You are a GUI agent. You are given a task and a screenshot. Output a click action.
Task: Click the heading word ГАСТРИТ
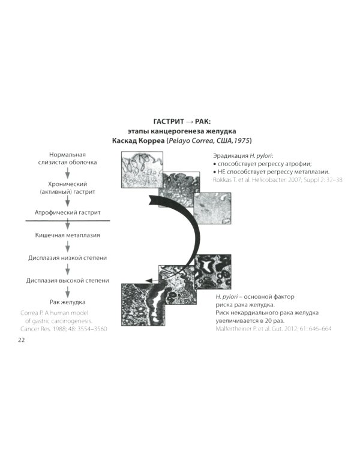click(169, 122)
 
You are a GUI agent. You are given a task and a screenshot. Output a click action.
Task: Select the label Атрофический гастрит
click(67, 212)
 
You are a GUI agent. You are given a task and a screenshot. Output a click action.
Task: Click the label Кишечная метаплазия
click(67, 235)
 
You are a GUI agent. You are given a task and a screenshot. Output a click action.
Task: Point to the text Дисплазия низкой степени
click(67, 258)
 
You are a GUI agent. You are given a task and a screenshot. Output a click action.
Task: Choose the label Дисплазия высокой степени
click(67, 280)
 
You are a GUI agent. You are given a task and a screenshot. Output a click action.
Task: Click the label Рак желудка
click(67, 302)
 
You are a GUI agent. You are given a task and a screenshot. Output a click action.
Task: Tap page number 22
click(21, 340)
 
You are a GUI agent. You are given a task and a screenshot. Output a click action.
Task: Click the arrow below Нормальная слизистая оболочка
click(67, 173)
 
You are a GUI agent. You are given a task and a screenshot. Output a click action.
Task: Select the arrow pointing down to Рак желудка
click(67, 292)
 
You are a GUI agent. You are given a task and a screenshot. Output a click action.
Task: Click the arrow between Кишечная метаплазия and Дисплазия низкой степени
click(67, 247)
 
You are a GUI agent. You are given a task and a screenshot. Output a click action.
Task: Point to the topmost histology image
click(142, 170)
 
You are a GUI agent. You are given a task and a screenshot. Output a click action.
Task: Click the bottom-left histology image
click(143, 304)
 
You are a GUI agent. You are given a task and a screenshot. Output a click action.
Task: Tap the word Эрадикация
click(230, 156)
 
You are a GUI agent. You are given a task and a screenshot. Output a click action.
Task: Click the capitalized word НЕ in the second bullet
click(221, 172)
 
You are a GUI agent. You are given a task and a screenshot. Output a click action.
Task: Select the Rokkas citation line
click(278, 180)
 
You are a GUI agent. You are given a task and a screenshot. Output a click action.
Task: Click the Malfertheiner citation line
click(274, 329)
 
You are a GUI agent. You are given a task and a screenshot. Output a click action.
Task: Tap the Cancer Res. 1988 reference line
click(64, 329)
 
